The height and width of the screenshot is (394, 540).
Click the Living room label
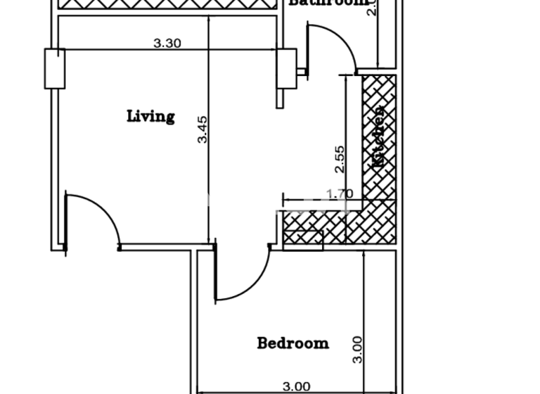pos(150,115)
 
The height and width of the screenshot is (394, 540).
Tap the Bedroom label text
pos(292,343)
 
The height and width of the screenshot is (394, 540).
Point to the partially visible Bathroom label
pos(328,3)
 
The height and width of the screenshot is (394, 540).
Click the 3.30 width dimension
pos(167,43)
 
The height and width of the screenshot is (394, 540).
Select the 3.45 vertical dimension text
pos(202,130)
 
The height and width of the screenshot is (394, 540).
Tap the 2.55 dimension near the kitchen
pos(340,159)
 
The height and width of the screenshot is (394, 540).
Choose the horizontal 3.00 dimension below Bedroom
pos(296,386)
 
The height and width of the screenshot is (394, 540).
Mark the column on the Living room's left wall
pos(54,68)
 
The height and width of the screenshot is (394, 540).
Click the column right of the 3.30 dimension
pos(287,68)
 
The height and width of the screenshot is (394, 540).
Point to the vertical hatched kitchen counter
pos(379,137)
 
